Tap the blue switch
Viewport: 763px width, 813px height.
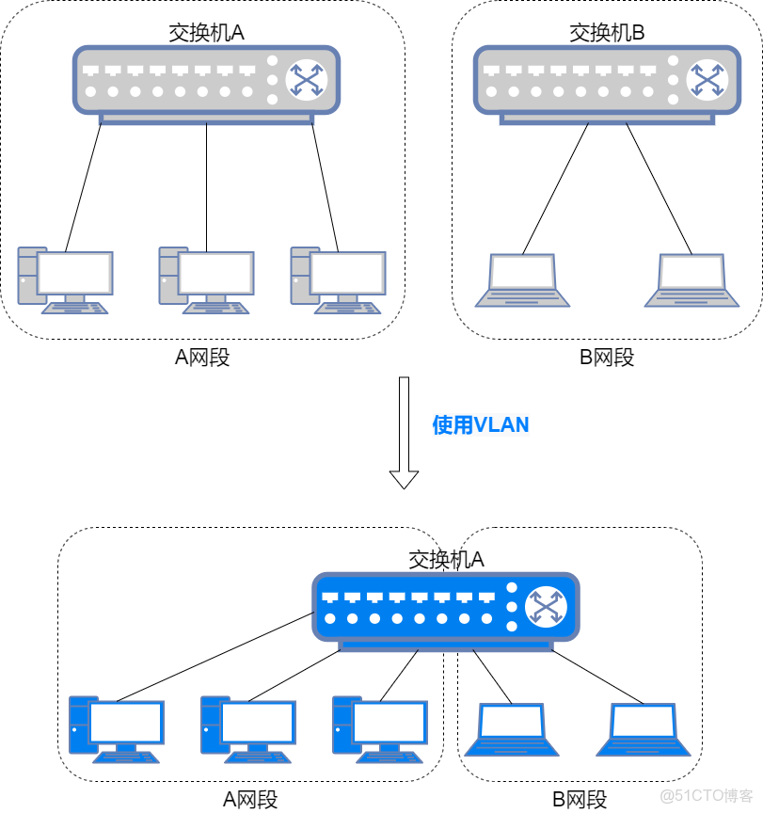pyautogui.click(x=445, y=608)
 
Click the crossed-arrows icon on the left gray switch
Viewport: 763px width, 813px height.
pyautogui.click(x=306, y=80)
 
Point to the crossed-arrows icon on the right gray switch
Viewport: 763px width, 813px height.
pyautogui.click(x=707, y=80)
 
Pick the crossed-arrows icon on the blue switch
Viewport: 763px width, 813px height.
pyautogui.click(x=546, y=607)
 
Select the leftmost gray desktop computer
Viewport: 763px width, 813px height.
pyautogui.click(x=65, y=279)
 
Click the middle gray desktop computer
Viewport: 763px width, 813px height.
pyautogui.click(x=206, y=279)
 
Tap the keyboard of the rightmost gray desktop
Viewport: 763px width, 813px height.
pyautogui.click(x=347, y=307)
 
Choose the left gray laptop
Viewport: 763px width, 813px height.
pyautogui.click(x=522, y=279)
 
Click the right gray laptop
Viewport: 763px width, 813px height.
pyautogui.click(x=691, y=279)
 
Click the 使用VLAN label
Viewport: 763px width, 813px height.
pyautogui.click(x=481, y=425)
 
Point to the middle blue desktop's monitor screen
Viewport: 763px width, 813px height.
pyautogui.click(x=258, y=723)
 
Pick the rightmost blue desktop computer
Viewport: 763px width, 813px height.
pyautogui.click(x=380, y=728)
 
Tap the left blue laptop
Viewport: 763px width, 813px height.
pyautogui.click(x=512, y=729)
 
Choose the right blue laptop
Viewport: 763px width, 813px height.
pyautogui.click(x=644, y=729)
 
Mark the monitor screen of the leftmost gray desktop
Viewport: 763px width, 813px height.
pyautogui.click(x=75, y=273)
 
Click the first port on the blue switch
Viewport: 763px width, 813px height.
pyautogui.click(x=329, y=598)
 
